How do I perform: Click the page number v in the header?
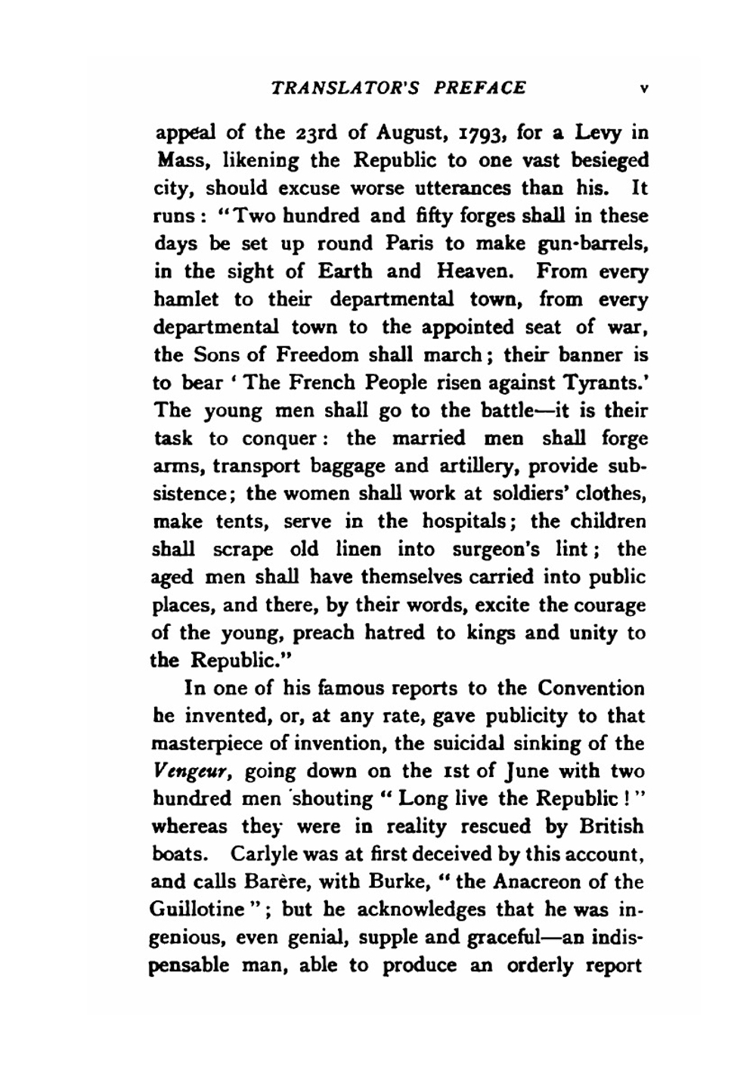(643, 88)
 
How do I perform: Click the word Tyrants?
(604, 383)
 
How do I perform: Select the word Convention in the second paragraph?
(592, 689)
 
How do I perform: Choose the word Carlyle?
(260, 854)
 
